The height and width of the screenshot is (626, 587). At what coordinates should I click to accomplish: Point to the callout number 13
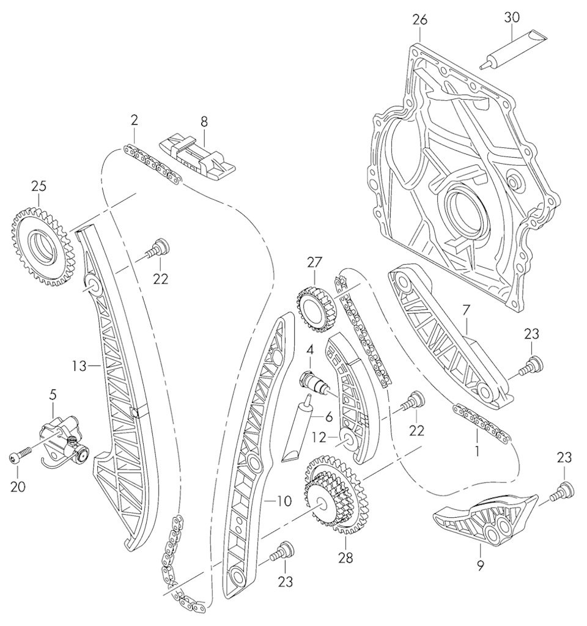79,366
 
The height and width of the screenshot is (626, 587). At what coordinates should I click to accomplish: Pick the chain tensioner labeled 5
63,435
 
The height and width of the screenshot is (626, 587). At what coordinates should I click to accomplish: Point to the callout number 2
134,120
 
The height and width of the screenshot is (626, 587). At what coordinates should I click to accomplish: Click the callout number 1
476,453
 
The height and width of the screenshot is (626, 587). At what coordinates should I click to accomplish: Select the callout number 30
511,17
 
